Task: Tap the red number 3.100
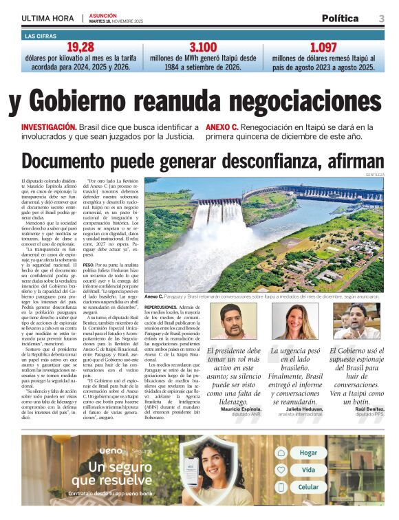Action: click(203, 47)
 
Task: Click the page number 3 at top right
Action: click(381, 18)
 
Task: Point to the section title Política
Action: click(339, 19)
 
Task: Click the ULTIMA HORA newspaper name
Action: click(47, 19)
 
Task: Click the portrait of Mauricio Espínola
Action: click(233, 321)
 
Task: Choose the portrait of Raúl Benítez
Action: click(356, 321)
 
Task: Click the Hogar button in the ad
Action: click(308, 453)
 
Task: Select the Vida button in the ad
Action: click(308, 470)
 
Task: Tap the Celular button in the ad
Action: click(308, 487)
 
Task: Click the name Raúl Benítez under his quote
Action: click(365, 409)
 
